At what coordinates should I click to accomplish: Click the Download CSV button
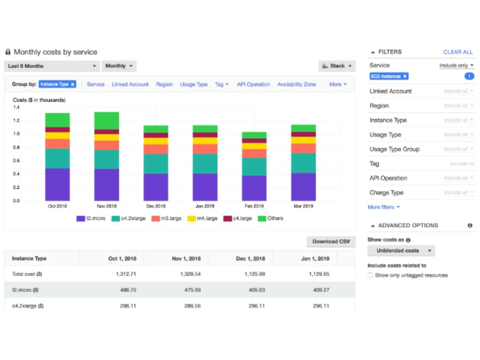tap(331, 241)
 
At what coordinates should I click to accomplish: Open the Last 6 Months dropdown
tap(52, 66)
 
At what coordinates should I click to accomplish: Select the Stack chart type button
tap(337, 66)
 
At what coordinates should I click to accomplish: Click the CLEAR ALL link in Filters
tap(458, 52)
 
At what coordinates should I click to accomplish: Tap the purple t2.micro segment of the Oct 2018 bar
tap(57, 184)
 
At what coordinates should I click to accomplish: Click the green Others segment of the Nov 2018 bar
tap(107, 120)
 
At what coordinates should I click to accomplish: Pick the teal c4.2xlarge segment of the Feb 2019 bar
tap(254, 167)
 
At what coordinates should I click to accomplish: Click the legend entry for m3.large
tap(167, 219)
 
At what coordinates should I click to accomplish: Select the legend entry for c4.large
tap(237, 219)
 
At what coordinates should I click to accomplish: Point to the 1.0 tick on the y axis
tap(16, 134)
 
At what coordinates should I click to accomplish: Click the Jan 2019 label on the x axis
tap(205, 206)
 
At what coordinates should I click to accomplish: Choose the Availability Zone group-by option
tap(296, 84)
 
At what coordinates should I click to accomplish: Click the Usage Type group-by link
tap(194, 84)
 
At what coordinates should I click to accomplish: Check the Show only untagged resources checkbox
tap(370, 275)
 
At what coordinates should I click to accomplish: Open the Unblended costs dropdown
tap(401, 251)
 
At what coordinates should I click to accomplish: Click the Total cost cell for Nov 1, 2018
tap(190, 274)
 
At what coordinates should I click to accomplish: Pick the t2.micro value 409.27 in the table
tap(321, 290)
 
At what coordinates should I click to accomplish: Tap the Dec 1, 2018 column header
tap(250, 259)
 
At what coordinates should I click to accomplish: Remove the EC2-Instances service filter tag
tap(405, 76)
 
